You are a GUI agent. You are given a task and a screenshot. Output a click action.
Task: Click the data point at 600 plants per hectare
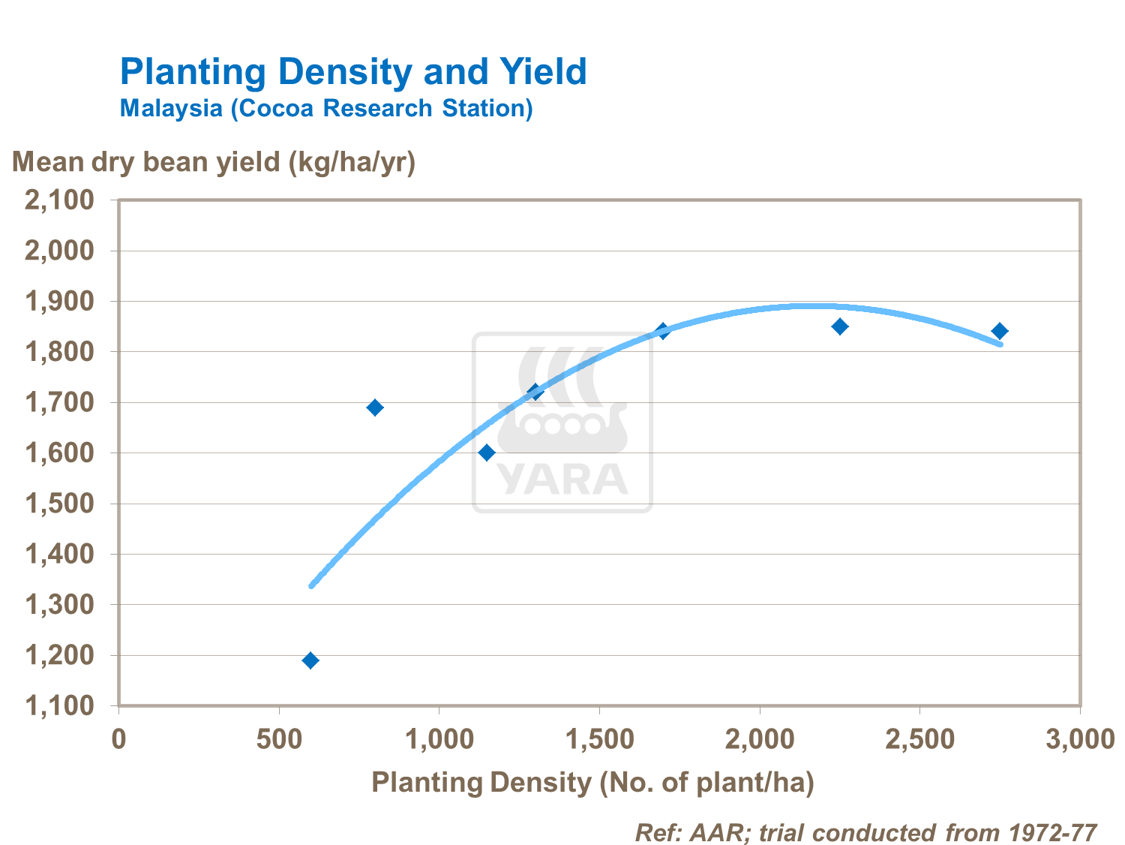coord(310,660)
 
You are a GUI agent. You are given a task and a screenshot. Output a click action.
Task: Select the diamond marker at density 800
coord(375,407)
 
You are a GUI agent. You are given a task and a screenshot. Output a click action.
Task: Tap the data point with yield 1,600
coord(487,453)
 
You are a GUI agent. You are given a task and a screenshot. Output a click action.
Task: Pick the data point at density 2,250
coord(840,326)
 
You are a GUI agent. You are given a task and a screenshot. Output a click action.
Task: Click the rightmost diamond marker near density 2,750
coord(1000,331)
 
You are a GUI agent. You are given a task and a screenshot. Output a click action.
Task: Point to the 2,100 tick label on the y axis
coord(60,200)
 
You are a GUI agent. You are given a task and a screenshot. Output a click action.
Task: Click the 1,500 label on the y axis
coord(60,504)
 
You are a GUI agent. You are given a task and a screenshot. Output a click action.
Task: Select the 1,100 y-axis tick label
coord(60,706)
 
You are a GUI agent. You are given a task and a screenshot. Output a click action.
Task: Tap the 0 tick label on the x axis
coord(118,740)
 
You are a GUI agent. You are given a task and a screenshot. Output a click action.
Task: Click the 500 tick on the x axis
coord(279,740)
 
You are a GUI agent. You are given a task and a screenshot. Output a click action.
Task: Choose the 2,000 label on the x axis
coord(760,740)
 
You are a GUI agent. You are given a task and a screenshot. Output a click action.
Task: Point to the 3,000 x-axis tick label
coord(1080,740)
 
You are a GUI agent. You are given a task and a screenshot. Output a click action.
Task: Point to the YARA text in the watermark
coord(562,479)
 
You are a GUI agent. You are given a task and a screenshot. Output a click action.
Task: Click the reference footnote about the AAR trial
coord(865,832)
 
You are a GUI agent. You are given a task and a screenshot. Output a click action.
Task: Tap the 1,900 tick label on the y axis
coord(60,302)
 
